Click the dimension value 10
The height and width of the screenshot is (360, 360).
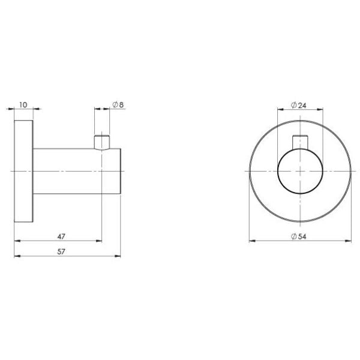(x=23, y=104)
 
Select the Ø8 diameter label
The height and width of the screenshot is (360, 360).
(x=118, y=104)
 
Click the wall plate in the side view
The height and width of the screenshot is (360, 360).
(x=23, y=172)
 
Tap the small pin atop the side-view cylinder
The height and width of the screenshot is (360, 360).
(x=102, y=142)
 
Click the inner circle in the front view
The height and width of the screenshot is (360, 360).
(x=299, y=172)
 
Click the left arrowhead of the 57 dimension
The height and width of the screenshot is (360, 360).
(x=16, y=256)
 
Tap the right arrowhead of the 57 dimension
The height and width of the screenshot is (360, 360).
(x=118, y=256)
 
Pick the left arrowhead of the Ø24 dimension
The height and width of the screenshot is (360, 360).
(x=280, y=109)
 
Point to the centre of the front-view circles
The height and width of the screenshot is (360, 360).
(x=299, y=172)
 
